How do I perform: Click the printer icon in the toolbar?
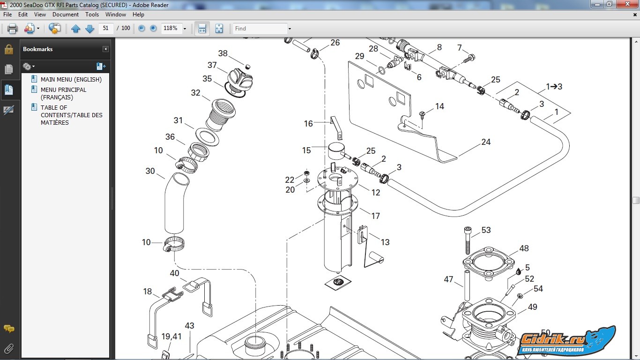point(12,28)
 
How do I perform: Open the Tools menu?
point(92,15)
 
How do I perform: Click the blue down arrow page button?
point(89,28)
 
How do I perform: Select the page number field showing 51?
point(106,28)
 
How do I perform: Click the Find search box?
point(260,28)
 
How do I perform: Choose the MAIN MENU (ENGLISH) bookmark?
point(71,80)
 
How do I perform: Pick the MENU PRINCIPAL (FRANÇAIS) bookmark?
point(63,93)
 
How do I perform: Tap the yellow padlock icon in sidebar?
point(9,49)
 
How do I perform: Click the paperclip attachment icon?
point(9,349)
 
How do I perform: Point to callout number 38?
point(223,53)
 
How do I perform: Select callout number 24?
point(486,142)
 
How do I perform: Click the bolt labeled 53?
point(468,240)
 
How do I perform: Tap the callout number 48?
point(524,248)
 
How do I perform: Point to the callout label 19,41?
point(171,336)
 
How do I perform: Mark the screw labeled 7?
point(469,58)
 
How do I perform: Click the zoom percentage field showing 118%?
point(171,28)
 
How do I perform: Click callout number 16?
point(308,124)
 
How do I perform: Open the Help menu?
point(138,15)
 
